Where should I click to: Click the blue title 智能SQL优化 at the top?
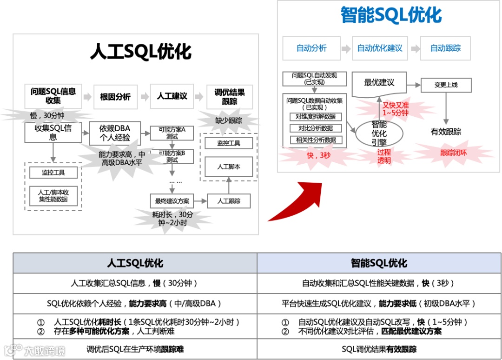[391, 15]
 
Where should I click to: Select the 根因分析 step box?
[115, 97]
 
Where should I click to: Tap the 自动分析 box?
[311, 48]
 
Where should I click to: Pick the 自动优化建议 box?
[380, 48]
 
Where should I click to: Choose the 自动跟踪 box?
[445, 48]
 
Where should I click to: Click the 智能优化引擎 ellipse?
[379, 133]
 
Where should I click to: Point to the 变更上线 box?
[446, 85]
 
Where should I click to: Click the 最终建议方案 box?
[172, 201]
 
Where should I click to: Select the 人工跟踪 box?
[229, 201]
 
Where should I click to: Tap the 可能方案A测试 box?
[172, 133]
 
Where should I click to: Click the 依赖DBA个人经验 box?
[115, 133]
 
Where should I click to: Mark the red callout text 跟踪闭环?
[453, 153]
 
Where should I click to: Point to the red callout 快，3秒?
[318, 155]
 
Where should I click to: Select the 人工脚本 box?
[229, 166]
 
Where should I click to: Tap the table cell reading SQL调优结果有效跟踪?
[379, 349]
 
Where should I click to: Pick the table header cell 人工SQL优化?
[135, 263]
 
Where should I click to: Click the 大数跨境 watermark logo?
[35, 350]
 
